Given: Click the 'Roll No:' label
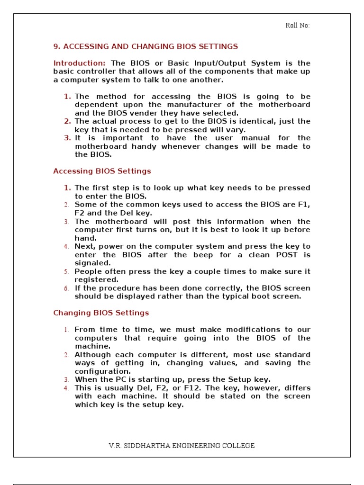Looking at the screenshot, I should click(297, 26).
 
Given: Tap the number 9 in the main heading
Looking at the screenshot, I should click(55, 46).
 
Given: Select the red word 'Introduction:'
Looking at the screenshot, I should click(79, 63).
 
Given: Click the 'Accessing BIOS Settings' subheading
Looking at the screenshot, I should click(102, 171).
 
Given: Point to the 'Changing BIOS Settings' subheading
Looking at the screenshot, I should click(101, 313).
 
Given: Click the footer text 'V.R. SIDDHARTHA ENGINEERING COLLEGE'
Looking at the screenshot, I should click(182, 446).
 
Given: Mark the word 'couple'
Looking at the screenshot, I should click(200, 271).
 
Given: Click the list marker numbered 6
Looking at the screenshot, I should click(67, 288).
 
